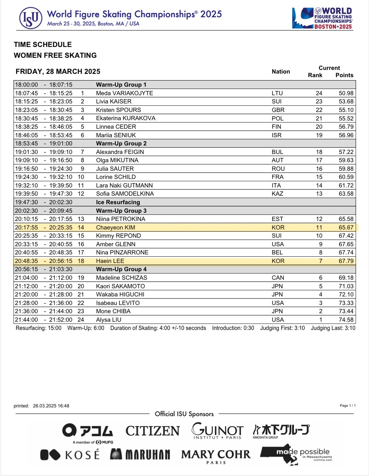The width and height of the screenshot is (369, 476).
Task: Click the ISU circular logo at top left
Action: [31, 18]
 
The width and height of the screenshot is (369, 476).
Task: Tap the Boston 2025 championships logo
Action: [322, 18]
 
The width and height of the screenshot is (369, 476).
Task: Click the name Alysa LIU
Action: [109, 320]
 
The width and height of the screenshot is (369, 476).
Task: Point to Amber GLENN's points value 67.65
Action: [346, 244]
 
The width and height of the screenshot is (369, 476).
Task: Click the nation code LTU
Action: [277, 93]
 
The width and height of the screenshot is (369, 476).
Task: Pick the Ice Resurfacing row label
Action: [118, 202]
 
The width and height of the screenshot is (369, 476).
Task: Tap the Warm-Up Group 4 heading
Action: [121, 269]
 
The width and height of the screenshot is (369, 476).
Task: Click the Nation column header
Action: [281, 72]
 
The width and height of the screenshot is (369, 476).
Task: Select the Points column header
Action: [344, 75]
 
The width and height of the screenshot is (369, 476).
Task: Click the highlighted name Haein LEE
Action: [110, 261]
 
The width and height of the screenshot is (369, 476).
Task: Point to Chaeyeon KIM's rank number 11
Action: [319, 227]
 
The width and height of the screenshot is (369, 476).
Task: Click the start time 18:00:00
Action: [27, 85]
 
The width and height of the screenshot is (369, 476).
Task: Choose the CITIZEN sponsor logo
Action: [153, 431]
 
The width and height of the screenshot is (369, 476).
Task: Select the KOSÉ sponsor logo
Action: [70, 455]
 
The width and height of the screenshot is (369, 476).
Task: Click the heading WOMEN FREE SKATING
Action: [55, 55]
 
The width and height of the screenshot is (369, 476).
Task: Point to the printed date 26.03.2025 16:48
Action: [51, 406]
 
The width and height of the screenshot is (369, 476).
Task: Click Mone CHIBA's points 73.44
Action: [346, 311]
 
